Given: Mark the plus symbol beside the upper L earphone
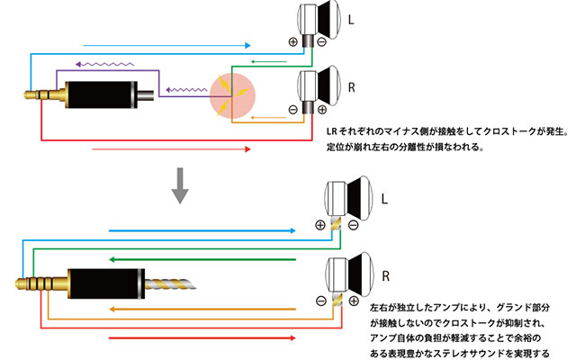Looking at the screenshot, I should coord(293,41).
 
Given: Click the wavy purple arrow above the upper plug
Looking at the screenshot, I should coord(105,63).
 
